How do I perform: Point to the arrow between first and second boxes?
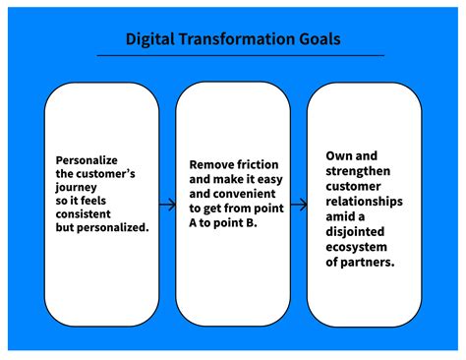(167, 206)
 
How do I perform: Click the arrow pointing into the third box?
(300, 206)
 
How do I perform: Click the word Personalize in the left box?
(87, 160)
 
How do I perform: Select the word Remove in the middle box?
(209, 165)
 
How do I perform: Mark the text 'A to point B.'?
(222, 224)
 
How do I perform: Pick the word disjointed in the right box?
(358, 231)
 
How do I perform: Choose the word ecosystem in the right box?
(356, 246)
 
